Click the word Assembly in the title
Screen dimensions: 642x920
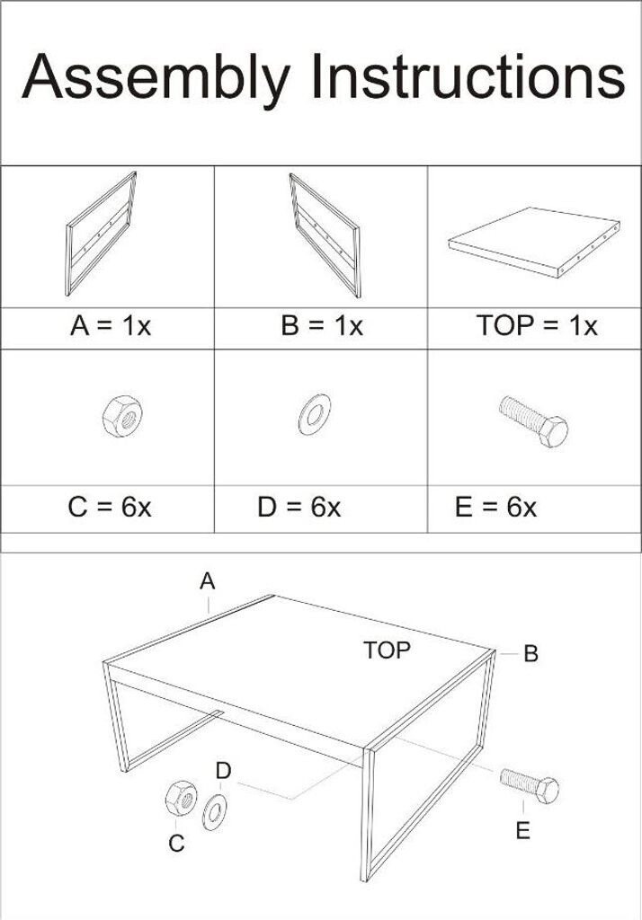(x=156, y=78)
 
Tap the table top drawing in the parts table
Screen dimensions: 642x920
(x=534, y=241)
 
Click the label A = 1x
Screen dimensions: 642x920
(x=111, y=325)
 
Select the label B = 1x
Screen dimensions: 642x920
(x=322, y=325)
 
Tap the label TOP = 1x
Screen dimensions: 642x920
(x=537, y=325)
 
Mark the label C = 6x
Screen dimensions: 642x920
(x=110, y=507)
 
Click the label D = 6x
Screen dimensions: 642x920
(x=299, y=507)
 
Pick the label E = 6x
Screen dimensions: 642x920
(x=495, y=507)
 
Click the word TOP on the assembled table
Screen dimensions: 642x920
(x=387, y=650)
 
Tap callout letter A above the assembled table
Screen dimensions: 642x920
(x=208, y=581)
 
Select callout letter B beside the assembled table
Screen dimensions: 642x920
(x=531, y=654)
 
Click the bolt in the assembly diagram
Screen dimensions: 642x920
(x=530, y=785)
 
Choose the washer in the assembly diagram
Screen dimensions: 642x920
(x=216, y=812)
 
